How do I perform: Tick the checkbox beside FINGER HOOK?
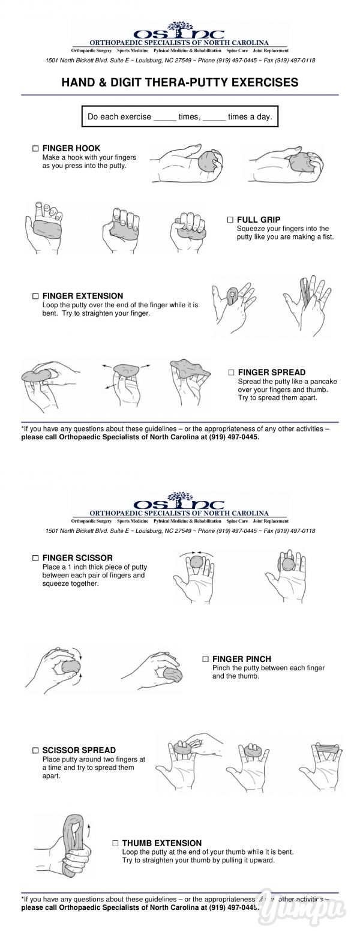coord(35,148)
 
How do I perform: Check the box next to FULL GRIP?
coord(230,219)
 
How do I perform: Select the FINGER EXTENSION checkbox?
coord(35,296)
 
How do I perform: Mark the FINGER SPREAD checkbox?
coord(230,372)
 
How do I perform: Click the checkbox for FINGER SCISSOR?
coord(35,558)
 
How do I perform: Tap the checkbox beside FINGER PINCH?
coord(205,659)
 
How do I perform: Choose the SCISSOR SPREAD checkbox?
coord(35,750)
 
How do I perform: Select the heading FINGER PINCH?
coord(242,659)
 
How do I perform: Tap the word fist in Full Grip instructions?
coord(328,236)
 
